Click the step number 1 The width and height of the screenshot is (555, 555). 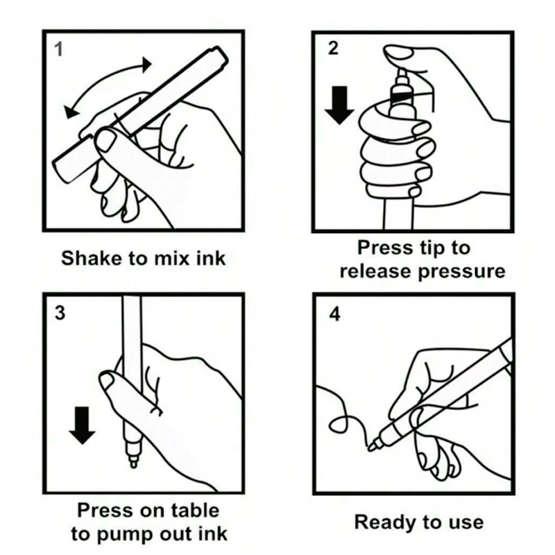(x=59, y=49)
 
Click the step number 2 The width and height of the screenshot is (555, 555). (x=333, y=49)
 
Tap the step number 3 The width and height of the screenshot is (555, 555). (x=60, y=313)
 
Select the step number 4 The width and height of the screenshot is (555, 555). (x=334, y=314)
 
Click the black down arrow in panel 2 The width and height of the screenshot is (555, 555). (x=339, y=105)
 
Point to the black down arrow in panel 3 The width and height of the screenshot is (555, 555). (x=82, y=425)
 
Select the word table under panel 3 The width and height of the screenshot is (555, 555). (x=195, y=511)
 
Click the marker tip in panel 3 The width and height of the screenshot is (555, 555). (x=133, y=462)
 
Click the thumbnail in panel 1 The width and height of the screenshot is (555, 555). (x=105, y=139)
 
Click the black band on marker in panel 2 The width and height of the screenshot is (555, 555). (x=402, y=96)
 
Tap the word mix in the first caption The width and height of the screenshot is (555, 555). (x=173, y=258)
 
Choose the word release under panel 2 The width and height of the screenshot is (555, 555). (x=377, y=271)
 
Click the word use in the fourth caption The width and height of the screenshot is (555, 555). (x=467, y=524)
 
